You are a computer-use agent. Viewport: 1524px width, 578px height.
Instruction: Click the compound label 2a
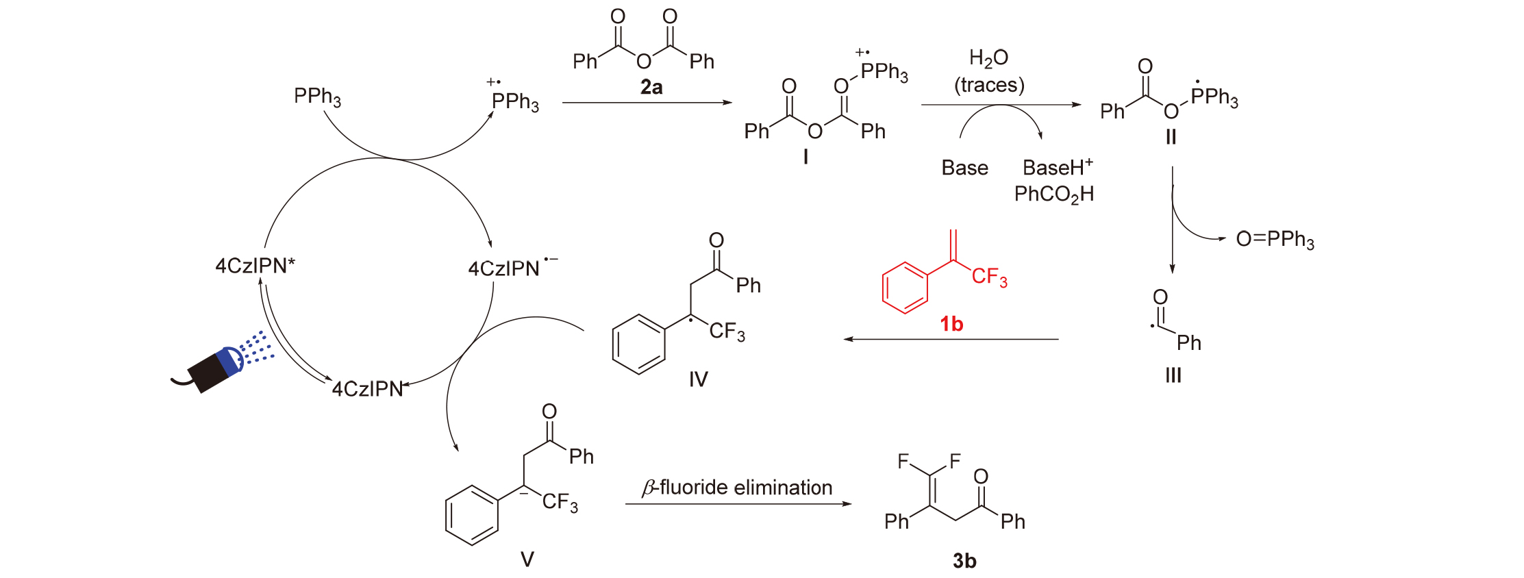(651, 88)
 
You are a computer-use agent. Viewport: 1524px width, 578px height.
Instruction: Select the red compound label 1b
(951, 323)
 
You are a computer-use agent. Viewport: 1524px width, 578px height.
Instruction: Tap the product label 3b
(964, 561)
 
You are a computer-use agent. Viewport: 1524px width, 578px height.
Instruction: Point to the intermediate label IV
(698, 379)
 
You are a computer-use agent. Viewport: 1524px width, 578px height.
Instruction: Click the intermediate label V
(527, 560)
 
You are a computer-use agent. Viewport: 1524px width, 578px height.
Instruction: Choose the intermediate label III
(1173, 375)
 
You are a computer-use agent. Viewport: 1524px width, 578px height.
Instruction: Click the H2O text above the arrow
(988, 58)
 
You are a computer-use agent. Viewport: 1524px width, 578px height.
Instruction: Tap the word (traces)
(989, 85)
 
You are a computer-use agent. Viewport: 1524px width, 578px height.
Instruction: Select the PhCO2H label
(1053, 194)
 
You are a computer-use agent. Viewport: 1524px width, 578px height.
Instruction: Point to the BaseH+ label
(1057, 168)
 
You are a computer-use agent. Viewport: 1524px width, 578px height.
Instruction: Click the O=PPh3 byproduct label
(1275, 239)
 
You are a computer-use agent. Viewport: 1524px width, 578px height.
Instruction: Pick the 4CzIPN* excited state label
(255, 266)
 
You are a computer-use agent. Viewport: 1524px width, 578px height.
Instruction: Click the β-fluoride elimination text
(737, 488)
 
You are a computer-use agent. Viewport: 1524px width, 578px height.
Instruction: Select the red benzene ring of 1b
(905, 288)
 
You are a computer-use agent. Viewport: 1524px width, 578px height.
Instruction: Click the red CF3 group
(989, 277)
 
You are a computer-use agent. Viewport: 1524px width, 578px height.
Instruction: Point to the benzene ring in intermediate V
(472, 515)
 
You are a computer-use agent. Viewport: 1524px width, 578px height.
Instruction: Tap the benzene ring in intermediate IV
(638, 344)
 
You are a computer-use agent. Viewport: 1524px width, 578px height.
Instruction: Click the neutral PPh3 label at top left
(317, 97)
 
